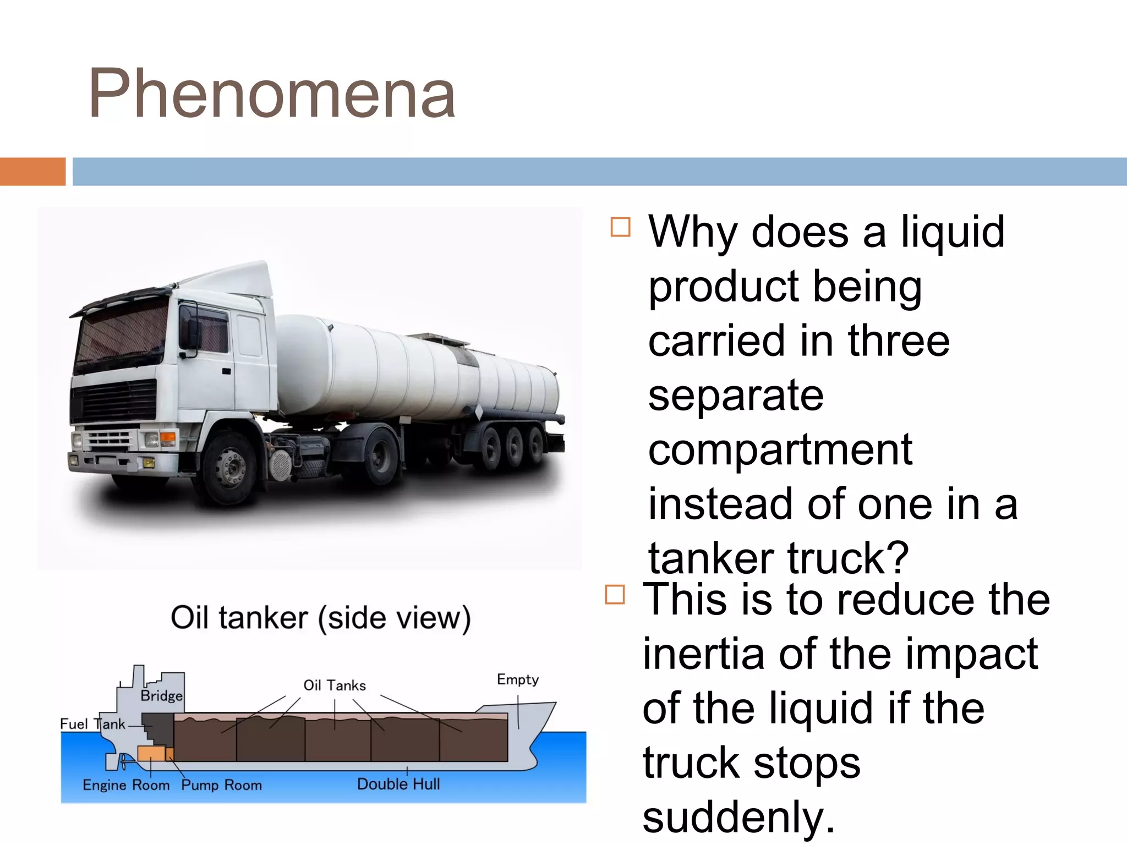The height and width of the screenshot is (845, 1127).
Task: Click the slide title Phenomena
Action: tap(271, 94)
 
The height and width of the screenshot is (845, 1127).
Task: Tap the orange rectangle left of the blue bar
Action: tap(32, 172)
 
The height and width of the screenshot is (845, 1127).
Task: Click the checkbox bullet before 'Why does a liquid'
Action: tap(620, 227)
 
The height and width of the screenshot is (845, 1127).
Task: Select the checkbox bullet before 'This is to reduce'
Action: tap(615, 595)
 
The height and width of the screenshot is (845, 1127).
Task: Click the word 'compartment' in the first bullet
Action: tap(780, 450)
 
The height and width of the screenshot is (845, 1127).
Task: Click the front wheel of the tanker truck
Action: tap(231, 468)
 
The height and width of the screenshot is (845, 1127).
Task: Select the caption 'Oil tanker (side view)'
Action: tap(321, 618)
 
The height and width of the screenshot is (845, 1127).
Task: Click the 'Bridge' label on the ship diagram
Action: tap(161, 696)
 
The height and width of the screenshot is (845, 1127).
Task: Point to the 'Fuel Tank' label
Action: tap(92, 724)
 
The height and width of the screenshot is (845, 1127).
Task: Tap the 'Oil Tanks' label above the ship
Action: tap(335, 685)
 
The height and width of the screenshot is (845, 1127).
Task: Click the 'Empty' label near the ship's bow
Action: tap(517, 679)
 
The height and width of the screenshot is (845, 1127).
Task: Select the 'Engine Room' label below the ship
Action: tap(126, 785)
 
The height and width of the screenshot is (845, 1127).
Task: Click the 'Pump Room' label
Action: tap(222, 785)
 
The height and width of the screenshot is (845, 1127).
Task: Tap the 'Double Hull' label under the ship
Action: tap(398, 784)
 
